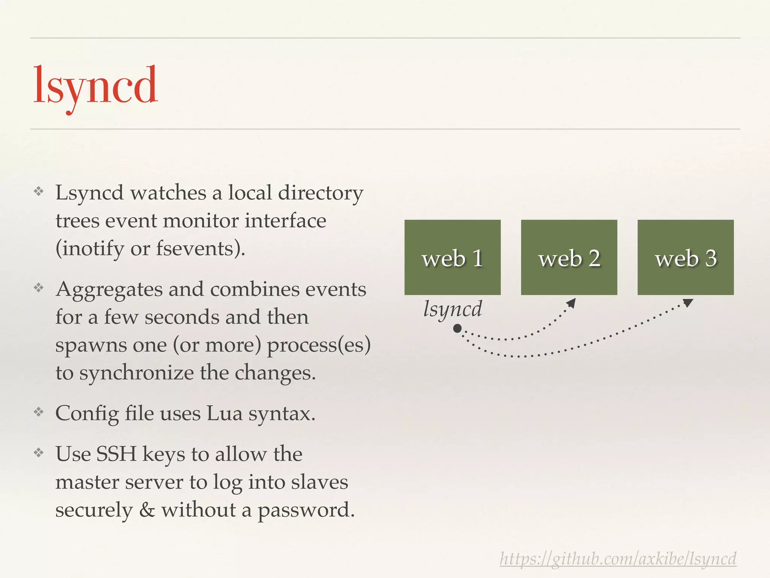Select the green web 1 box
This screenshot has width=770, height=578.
click(x=452, y=257)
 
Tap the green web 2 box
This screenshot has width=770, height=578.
click(x=569, y=257)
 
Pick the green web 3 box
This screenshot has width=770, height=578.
click(x=685, y=257)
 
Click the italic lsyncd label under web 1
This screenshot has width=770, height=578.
click(x=452, y=309)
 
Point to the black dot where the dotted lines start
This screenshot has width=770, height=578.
click(x=457, y=329)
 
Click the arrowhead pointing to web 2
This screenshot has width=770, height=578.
click(x=571, y=303)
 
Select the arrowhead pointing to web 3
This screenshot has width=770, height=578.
click(x=688, y=303)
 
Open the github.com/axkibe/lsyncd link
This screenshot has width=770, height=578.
click(x=618, y=559)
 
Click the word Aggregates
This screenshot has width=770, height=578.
click(x=109, y=290)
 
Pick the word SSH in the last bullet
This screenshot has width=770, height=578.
click(x=116, y=454)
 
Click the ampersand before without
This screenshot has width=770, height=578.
click(x=147, y=510)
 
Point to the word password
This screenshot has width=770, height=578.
click(x=306, y=511)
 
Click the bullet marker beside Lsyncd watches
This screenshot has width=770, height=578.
click(x=39, y=192)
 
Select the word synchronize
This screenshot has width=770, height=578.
click(x=136, y=373)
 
